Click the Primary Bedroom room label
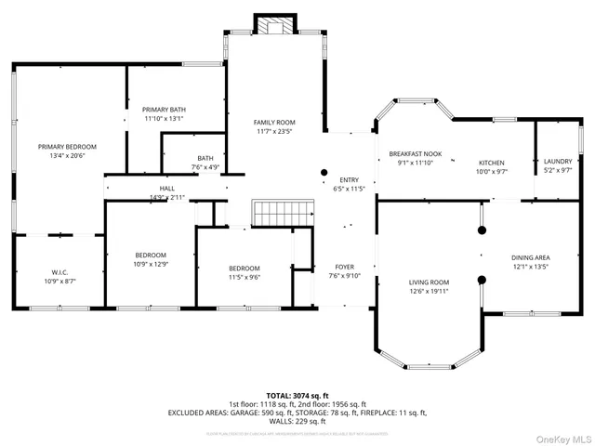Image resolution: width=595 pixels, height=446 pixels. coord(67,147)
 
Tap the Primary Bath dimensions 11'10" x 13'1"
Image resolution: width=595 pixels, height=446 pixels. coord(164,119)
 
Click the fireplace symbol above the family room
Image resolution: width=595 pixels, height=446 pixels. coord(273,25)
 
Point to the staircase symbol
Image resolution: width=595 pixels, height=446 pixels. coord(273,211)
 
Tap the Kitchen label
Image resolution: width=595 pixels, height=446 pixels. coord(491,163)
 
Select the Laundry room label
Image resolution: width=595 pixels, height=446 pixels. coord(558,162)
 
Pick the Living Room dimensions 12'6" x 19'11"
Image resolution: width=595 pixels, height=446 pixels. coord(430,292)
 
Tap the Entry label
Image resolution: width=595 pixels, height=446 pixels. coord(349,180)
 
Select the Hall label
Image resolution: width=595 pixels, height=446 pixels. coord(167,189)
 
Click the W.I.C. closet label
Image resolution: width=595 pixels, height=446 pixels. coord(60,272)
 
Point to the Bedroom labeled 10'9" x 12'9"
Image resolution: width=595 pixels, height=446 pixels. coord(151,256)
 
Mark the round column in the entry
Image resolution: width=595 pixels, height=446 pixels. coord(324,172)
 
